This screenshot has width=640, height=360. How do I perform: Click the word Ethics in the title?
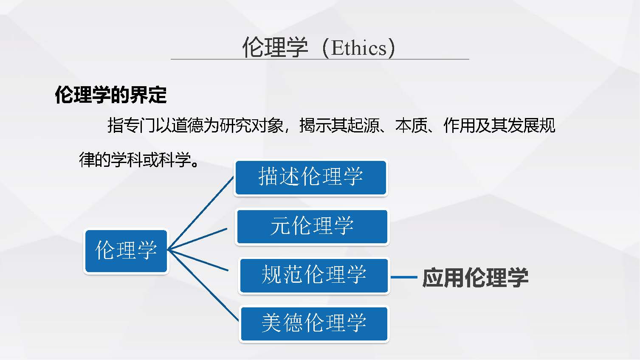359,48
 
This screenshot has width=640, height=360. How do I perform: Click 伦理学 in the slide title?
275,48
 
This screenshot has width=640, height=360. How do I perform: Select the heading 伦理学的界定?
110,95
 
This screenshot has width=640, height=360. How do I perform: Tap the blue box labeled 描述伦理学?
310,177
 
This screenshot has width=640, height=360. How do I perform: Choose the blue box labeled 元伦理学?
312,226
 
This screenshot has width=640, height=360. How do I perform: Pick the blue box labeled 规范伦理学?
314,275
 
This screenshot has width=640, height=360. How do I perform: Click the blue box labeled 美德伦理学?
314,323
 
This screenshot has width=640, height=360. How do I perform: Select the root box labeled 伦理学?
126,251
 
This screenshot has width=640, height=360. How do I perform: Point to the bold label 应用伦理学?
475,278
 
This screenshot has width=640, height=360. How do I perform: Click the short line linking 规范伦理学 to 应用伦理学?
403,277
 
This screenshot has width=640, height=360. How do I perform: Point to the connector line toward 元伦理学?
198,239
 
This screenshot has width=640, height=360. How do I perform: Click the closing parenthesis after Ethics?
391,48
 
